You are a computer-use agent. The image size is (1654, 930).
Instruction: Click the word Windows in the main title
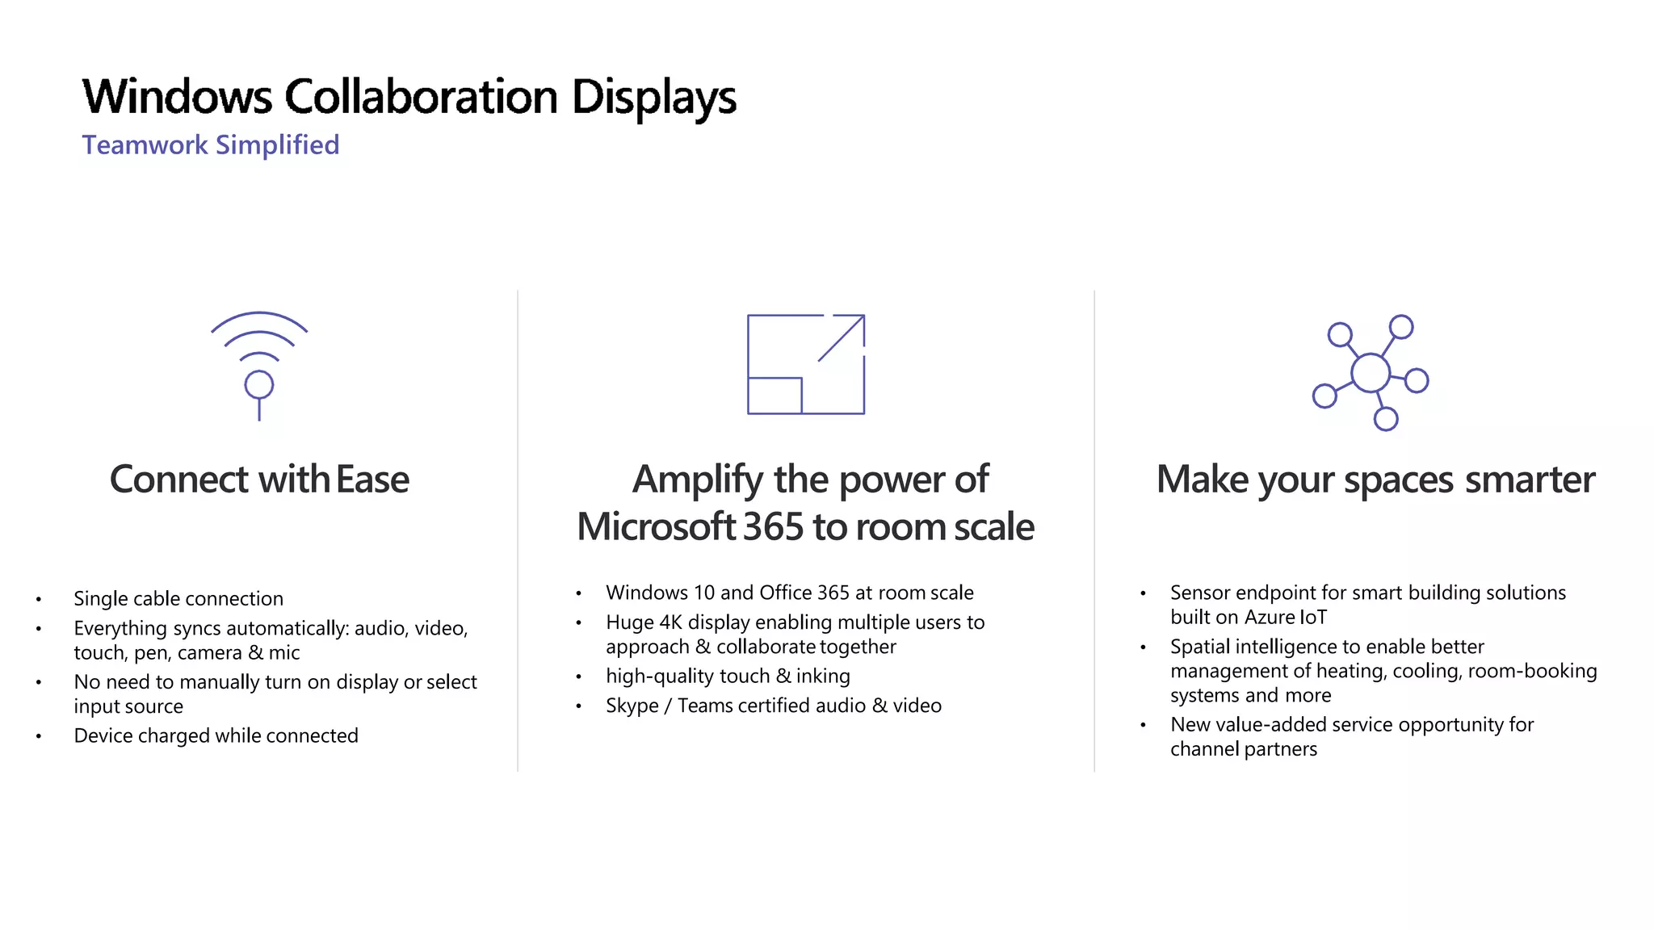(178, 97)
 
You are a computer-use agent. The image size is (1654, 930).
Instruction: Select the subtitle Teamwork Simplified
(211, 145)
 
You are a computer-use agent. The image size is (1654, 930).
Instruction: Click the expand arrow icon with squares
(806, 364)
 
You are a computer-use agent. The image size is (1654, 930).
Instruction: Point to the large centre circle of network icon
(1371, 373)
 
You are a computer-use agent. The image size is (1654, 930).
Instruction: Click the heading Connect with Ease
(259, 480)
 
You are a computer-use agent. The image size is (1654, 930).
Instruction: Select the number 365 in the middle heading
(773, 527)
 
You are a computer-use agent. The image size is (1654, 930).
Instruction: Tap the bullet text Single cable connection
(178, 599)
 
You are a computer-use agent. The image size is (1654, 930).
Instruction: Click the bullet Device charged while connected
(216, 736)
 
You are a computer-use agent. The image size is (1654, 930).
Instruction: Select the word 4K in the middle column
(671, 622)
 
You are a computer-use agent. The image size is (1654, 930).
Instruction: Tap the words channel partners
(1243, 750)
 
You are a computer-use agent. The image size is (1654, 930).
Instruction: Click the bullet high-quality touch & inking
(728, 677)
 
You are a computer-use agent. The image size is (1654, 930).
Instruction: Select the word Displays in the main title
(653, 97)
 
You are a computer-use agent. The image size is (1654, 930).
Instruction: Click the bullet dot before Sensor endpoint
(1143, 594)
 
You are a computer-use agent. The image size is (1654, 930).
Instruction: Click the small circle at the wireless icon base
(259, 385)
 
